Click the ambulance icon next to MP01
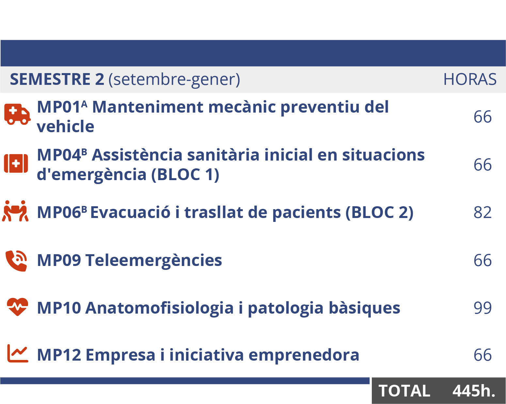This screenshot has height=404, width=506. coord(17,114)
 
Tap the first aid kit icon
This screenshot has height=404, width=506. coord(16,163)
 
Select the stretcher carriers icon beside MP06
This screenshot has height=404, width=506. coord(15,211)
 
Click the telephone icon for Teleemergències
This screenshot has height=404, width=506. coord(16,261)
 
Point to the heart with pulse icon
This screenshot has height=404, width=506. coord(17,307)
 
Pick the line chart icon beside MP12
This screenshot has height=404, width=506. coord(18,353)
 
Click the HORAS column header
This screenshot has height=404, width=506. coord(470,79)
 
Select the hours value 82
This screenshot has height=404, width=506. coord(482,212)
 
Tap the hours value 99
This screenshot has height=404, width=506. coord(482,308)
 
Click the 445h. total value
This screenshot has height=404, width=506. coord(474,391)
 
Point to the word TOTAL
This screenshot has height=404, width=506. coord(404,391)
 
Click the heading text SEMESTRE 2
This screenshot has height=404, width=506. coord(57,79)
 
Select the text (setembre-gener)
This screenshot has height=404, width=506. coord(174,80)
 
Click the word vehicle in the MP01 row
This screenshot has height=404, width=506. coord(65,126)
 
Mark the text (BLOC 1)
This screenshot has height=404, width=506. coord(185,175)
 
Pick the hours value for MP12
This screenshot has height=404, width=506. coord(482,355)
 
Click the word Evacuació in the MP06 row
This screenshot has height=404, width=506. coord(130,212)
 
